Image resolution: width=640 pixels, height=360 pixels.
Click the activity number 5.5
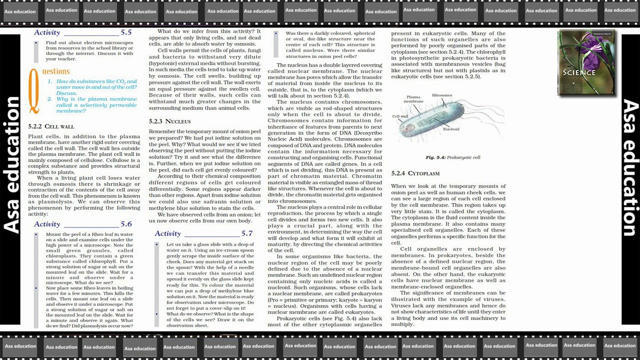pyautogui.click(x=126, y=32)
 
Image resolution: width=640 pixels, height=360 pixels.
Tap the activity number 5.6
pyautogui.click(x=126, y=224)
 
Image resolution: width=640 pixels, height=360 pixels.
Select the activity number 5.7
pyautogui.click(x=246, y=233)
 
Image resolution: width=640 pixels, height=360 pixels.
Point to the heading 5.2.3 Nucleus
pyautogui.click(x=169, y=121)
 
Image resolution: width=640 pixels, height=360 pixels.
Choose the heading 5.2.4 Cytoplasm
pyautogui.click(x=415, y=173)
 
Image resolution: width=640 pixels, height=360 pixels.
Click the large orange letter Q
pyautogui.click(x=33, y=90)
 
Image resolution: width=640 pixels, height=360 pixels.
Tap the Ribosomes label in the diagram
pyautogui.click(x=442, y=95)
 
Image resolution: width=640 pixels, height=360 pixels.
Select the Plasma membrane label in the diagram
pyautogui.click(x=413, y=99)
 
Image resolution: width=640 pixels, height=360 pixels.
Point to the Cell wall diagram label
pyautogui.click(x=400, y=116)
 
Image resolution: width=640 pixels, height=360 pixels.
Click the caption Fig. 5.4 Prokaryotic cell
pyautogui.click(x=452, y=157)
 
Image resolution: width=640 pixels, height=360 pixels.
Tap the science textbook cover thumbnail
pyautogui.click(x=586, y=62)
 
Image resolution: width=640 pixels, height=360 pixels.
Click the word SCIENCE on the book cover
pyautogui.click(x=579, y=72)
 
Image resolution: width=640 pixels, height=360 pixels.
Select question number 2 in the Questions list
pyautogui.click(x=50, y=99)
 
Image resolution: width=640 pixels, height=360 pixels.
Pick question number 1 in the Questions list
pyautogui.click(x=50, y=81)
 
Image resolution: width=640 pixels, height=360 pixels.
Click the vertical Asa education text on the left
pyautogui.click(x=12, y=165)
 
